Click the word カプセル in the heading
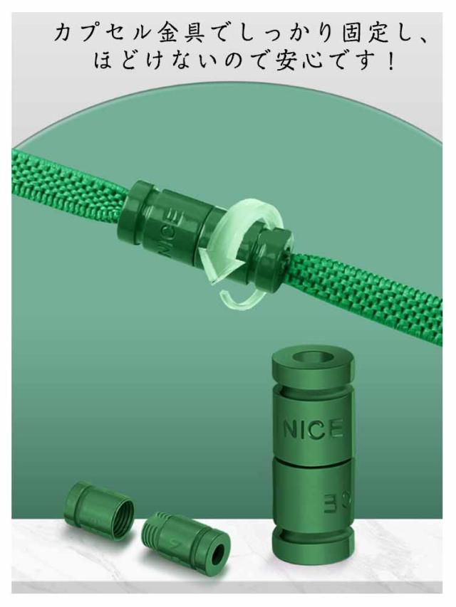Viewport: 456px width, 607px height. pos(103,33)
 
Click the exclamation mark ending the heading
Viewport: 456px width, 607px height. pos(390,61)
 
